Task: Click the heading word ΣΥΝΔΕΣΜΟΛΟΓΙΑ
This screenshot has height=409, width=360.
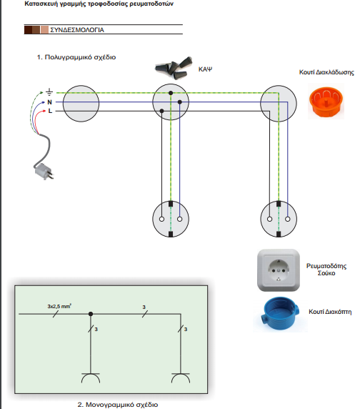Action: [77, 30]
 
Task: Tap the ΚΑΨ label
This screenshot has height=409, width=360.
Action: [205, 69]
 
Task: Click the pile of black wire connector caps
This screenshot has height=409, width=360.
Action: [174, 68]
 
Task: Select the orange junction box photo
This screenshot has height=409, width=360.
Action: [326, 102]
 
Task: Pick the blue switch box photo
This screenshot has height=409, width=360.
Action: [280, 315]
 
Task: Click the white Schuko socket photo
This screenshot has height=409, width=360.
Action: [279, 270]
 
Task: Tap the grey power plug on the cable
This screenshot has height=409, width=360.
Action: [44, 171]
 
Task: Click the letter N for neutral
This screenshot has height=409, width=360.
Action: [49, 102]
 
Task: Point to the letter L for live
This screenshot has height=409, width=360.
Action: [50, 111]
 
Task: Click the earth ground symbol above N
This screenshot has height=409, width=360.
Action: [49, 92]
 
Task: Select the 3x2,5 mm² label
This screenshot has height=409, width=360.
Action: [59, 306]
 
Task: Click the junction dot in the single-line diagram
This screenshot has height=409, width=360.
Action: [91, 314]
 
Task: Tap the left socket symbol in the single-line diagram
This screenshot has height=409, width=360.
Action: [91, 378]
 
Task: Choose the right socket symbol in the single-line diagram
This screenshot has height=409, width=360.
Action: [181, 378]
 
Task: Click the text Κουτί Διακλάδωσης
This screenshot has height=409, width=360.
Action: [326, 72]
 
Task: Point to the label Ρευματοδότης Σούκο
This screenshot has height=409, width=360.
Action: [326, 270]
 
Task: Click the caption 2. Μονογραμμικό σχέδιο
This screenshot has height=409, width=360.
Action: [118, 405]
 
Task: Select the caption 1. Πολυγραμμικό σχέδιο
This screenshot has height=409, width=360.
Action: [76, 57]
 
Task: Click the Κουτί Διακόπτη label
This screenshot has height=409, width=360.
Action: [330, 312]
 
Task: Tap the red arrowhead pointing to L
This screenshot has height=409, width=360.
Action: [44, 112]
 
